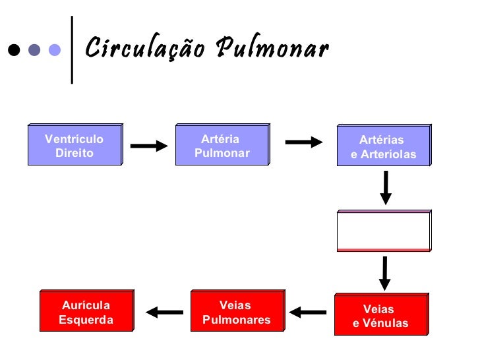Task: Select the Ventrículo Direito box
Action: [75, 144]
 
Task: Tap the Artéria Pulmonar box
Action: [222, 144]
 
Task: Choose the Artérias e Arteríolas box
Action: [384, 146]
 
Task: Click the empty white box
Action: [384, 231]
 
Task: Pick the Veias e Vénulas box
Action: [381, 315]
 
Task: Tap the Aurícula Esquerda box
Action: [86, 311]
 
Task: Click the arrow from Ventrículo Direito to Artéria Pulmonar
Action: [148, 146]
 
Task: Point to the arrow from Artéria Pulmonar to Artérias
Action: [303, 142]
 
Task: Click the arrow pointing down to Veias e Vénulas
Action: [384, 272]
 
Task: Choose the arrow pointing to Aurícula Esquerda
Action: [164, 312]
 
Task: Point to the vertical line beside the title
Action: [72, 49]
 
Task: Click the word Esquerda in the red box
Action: [86, 320]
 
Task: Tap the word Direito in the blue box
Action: [75, 153]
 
